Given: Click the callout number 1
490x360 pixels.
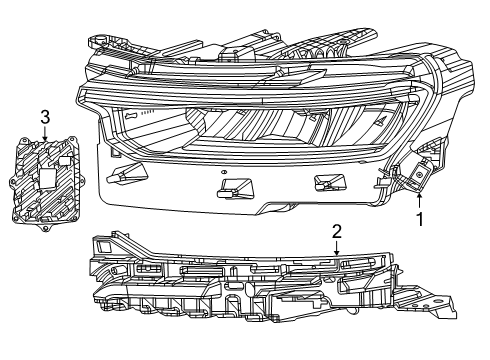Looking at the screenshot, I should point(419,215).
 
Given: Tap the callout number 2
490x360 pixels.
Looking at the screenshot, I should point(337,232).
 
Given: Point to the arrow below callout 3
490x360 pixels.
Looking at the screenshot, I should point(44,134).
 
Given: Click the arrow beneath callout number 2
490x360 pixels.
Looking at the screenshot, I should point(337,246).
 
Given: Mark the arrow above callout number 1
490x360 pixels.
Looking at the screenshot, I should point(419,199).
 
